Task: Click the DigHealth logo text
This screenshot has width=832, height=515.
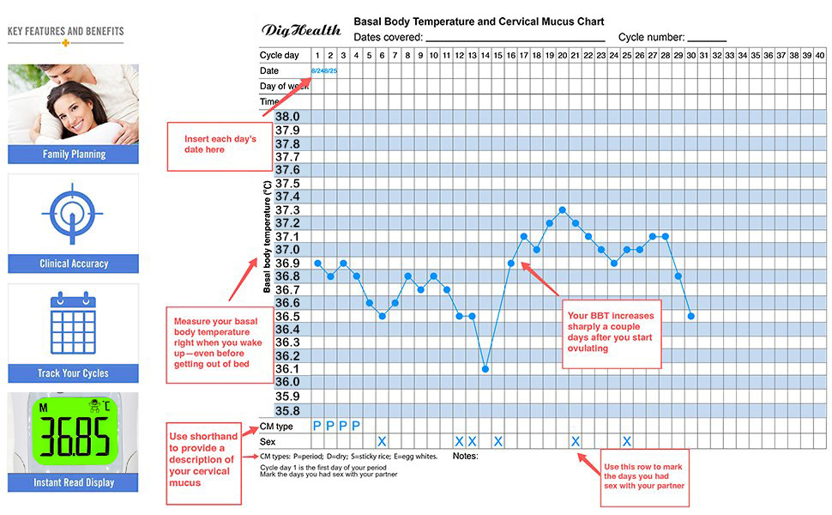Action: pyautogui.click(x=301, y=30)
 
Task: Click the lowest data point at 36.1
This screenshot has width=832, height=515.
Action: pyautogui.click(x=485, y=369)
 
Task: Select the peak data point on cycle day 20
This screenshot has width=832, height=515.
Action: pyautogui.click(x=563, y=209)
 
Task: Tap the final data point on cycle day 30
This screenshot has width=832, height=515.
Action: pyautogui.click(x=691, y=316)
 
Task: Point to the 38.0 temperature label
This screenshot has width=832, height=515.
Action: pyautogui.click(x=287, y=117)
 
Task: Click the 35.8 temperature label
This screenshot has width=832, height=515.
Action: pyautogui.click(x=287, y=410)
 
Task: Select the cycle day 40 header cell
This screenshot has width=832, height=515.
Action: pyautogui.click(x=820, y=55)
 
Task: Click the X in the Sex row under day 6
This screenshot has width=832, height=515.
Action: pyautogui.click(x=383, y=441)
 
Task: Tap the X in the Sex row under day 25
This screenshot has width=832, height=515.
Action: pyautogui.click(x=627, y=441)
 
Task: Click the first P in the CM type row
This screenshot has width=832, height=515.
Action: pyautogui.click(x=317, y=426)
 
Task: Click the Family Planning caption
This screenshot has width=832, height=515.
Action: pyautogui.click(x=74, y=154)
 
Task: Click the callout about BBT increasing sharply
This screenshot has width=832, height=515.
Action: pyautogui.click(x=611, y=333)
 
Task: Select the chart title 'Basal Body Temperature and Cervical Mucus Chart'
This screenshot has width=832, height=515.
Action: pyautogui.click(x=479, y=21)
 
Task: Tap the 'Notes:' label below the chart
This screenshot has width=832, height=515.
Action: pyautogui.click(x=466, y=456)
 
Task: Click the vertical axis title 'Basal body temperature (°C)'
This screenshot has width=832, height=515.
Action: pyautogui.click(x=268, y=237)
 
